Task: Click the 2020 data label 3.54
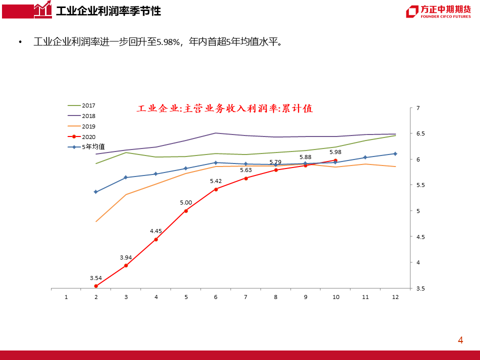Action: pos(96,278)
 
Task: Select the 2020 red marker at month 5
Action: pos(186,211)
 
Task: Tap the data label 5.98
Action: pos(335,152)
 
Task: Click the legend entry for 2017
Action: pos(81,105)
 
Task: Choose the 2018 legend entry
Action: pos(81,116)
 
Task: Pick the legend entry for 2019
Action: pos(81,126)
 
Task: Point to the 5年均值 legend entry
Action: pos(86,147)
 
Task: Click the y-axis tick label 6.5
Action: pos(420,133)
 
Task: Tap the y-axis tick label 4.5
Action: pos(420,236)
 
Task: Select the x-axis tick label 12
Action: pos(395,297)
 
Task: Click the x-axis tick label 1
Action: pos(66,297)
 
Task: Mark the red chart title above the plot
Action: pos(224,108)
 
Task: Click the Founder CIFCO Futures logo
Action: pos(438,11)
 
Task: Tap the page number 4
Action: pos(460,340)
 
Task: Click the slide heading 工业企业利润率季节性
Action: pos(108,11)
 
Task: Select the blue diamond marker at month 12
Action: pos(395,153)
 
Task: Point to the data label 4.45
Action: pos(156,231)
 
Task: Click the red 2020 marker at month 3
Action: pos(126,265)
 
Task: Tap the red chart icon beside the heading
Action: pos(43,9)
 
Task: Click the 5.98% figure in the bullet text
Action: pos(168,41)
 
